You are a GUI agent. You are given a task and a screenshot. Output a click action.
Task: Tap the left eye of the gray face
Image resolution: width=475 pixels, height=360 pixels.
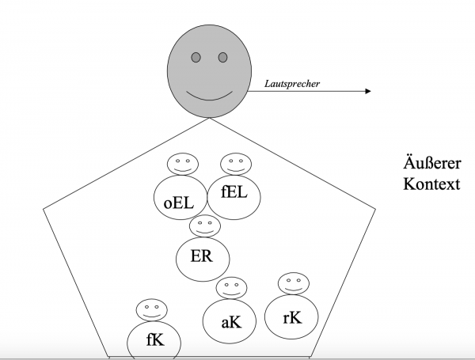coord(195,57)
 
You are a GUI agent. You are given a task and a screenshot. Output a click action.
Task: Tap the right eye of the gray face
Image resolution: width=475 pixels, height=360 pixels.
coord(222,57)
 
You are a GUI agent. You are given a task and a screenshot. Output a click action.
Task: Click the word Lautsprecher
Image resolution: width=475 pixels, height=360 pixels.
coord(291,81)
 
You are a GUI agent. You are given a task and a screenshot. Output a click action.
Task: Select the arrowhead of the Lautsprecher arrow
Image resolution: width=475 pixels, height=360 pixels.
coord(367,92)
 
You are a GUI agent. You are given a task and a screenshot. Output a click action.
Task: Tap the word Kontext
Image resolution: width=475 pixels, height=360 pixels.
coord(429,184)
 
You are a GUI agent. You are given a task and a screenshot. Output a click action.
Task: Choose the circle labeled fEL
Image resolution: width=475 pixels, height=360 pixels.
coord(232,193)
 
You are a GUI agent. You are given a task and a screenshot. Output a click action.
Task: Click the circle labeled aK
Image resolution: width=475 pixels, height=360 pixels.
coord(228,321)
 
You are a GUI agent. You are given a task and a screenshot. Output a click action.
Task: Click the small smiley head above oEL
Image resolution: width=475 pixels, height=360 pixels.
coord(181,165)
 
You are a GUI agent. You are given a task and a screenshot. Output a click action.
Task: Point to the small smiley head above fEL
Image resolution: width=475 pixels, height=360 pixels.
coord(235,164)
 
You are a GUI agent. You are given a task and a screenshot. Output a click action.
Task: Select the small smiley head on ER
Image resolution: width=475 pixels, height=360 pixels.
coord(204,225)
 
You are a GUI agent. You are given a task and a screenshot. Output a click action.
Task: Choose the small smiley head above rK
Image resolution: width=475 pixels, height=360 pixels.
coord(292,282)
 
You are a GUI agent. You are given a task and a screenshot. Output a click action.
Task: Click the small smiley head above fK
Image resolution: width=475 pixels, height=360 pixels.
coord(150,309)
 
